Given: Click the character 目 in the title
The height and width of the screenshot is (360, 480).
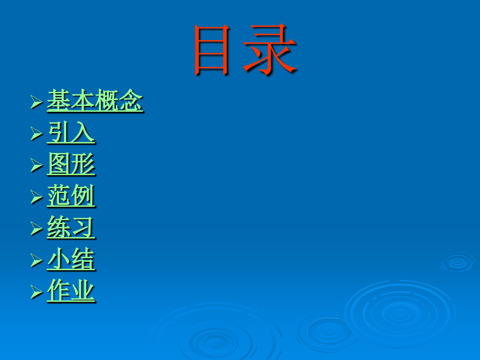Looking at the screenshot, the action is [212, 50].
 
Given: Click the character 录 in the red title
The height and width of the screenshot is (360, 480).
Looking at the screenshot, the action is [270, 50].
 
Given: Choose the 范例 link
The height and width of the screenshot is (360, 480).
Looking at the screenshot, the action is [71, 196].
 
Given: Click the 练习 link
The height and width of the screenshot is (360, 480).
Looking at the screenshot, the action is [71, 227].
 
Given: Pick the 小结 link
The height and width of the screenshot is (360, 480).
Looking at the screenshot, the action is [71, 259].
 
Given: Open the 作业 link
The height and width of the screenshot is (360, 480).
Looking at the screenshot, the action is [71, 291].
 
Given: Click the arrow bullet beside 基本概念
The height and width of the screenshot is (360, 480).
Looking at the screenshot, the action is [37, 102].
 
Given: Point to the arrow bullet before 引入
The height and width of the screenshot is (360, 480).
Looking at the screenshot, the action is [37, 134].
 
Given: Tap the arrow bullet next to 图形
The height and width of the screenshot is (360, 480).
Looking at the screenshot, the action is [37, 165].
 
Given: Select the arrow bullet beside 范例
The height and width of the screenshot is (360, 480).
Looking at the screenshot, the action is [37, 197].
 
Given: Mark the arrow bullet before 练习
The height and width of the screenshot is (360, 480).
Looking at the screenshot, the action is [37, 229].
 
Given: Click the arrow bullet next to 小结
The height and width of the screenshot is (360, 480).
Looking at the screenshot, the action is [37, 261].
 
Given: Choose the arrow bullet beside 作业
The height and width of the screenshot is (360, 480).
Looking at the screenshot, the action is [37, 292].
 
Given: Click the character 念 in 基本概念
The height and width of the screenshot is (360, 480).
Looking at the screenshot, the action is [131, 100].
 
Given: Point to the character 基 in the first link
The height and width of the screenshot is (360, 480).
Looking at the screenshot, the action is [59, 100].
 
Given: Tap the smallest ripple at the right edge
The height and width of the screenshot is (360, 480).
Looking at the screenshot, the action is [458, 262].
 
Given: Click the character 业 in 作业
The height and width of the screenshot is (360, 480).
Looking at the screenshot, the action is [83, 291].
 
